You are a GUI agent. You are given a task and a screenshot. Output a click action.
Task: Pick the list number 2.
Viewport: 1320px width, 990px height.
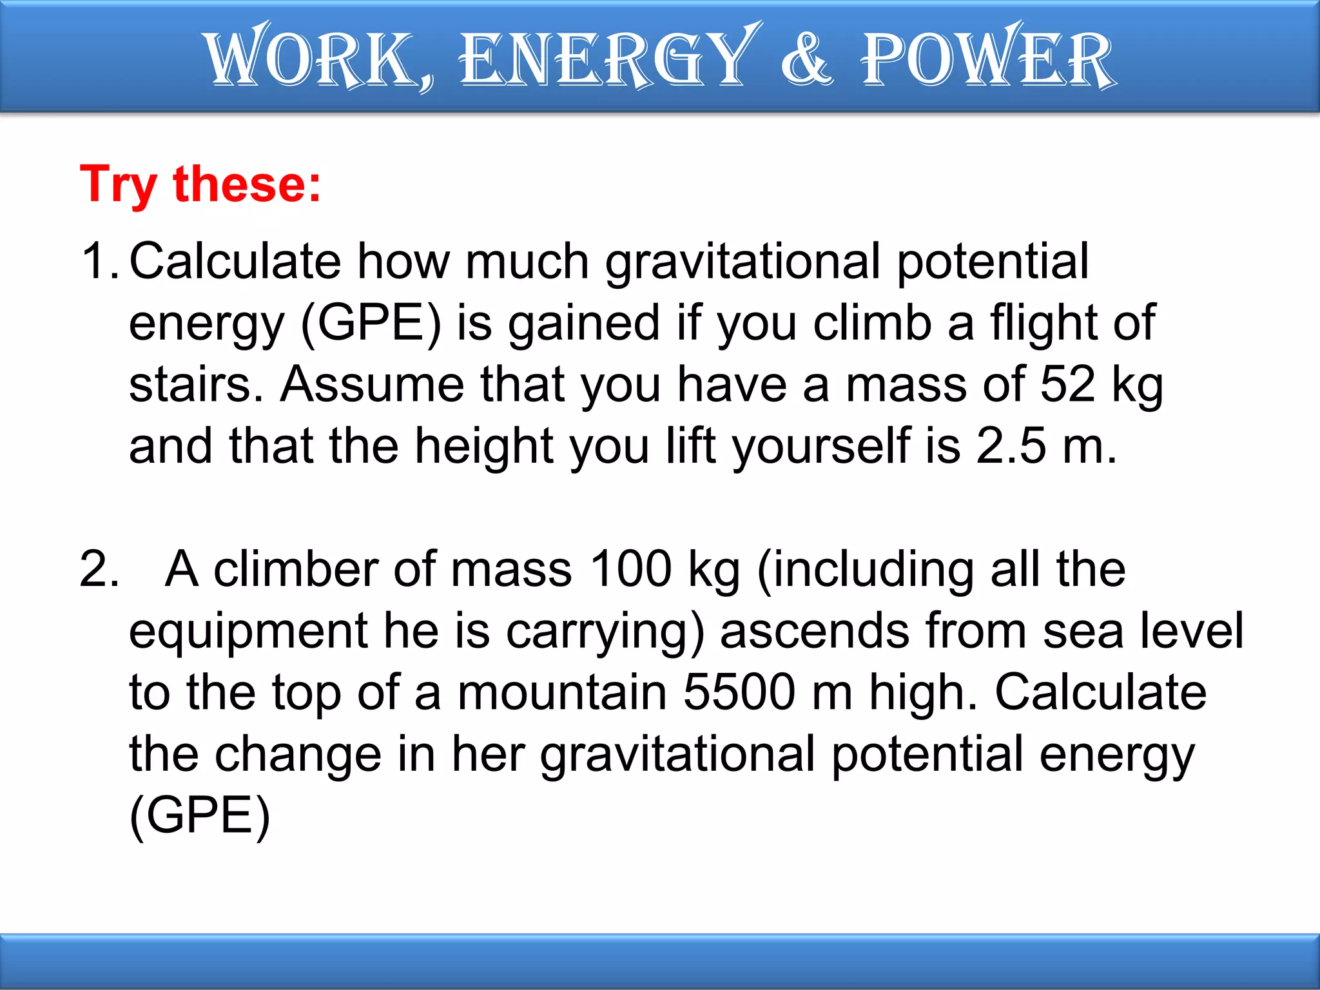click(98, 569)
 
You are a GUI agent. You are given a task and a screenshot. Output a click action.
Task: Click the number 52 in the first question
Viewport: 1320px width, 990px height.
click(1067, 385)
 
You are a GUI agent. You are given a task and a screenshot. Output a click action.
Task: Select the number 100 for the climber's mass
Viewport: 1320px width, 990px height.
click(630, 569)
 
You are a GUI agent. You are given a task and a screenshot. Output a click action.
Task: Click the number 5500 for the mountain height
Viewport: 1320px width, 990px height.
click(739, 692)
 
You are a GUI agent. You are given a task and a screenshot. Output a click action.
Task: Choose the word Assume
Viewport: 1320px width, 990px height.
click(372, 385)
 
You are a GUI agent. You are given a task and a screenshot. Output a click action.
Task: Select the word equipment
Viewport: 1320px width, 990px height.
click(248, 632)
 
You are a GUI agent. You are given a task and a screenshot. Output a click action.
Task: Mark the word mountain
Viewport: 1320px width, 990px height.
click(561, 692)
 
